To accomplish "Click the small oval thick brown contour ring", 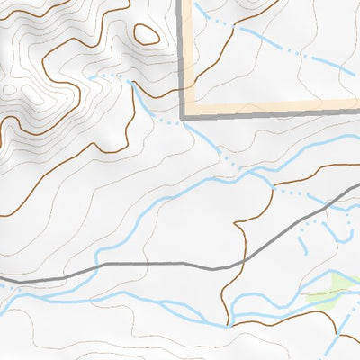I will (x=146, y=35).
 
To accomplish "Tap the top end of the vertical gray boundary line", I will (x=186, y=2).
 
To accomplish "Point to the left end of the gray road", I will (x=2, y=282).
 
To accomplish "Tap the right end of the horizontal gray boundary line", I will (x=358, y=112).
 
